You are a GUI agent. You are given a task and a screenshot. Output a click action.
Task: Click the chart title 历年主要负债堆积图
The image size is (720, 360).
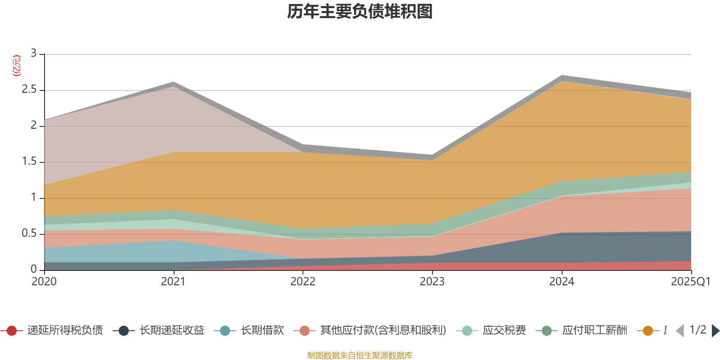360,12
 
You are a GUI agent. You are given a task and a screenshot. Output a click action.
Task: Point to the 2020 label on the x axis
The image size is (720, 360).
44,282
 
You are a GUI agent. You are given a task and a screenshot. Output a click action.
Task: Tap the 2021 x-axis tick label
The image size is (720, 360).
173,282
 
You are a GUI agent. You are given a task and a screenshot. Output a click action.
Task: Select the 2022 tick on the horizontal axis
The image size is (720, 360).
303,282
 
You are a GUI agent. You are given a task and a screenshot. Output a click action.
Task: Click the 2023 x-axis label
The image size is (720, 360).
432,282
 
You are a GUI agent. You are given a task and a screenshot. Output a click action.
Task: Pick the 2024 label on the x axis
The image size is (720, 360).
562,282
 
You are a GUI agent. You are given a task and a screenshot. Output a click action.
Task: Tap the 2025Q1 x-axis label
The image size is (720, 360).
690,282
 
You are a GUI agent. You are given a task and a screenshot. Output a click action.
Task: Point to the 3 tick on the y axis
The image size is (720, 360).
34,54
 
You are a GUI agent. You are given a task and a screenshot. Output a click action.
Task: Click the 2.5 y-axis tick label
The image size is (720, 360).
29,90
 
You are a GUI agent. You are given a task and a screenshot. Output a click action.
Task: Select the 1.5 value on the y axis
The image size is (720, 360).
29,162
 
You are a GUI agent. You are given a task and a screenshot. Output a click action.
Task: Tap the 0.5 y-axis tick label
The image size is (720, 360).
29,234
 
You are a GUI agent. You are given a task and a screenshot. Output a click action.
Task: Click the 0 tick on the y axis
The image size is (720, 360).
34,270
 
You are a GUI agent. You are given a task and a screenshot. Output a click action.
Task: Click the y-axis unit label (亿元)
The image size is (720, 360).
17,66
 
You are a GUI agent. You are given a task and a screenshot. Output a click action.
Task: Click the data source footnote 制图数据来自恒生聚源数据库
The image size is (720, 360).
360,355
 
